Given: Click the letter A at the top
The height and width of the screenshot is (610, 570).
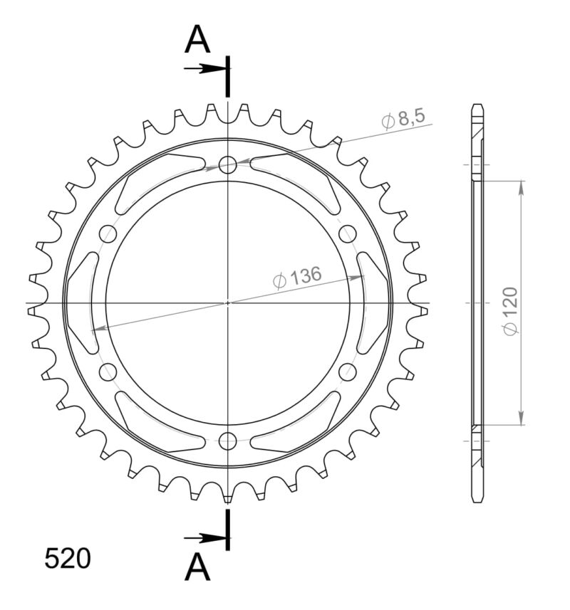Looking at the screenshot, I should coord(197,41).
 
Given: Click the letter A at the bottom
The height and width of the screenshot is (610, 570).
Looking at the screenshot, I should coord(197,567).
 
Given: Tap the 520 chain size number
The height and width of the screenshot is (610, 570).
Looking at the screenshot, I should coord(68,559).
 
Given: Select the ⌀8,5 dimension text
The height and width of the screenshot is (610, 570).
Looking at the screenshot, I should coord(407,119).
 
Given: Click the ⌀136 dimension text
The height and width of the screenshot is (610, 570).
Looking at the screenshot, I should coord(298,278).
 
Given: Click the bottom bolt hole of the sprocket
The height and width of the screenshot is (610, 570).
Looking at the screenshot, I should coord(228,439).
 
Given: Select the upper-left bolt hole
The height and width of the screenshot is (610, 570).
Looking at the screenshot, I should coord(109,233).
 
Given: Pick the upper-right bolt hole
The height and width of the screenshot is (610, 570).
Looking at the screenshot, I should coord(347,233).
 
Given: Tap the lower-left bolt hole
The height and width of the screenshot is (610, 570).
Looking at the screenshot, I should coord(109,371).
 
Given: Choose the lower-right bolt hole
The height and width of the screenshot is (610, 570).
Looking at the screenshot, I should coord(347,371).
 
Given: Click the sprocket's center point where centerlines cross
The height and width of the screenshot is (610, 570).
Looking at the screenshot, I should coord(228,303).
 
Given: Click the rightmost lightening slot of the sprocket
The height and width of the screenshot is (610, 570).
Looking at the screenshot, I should coord(373,303).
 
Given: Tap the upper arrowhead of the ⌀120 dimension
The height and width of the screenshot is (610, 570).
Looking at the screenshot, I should coord(522,187).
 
